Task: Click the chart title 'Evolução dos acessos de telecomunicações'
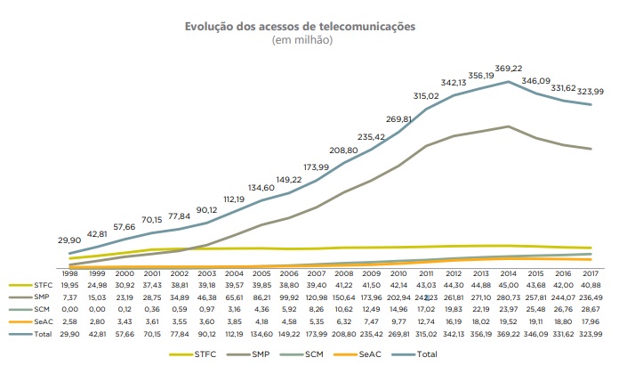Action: pyautogui.click(x=300, y=27)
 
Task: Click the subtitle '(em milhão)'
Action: pyautogui.click(x=300, y=40)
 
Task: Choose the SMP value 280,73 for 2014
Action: pyautogui.click(x=508, y=297)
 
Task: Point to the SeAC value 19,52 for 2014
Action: pyautogui.click(x=508, y=321)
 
